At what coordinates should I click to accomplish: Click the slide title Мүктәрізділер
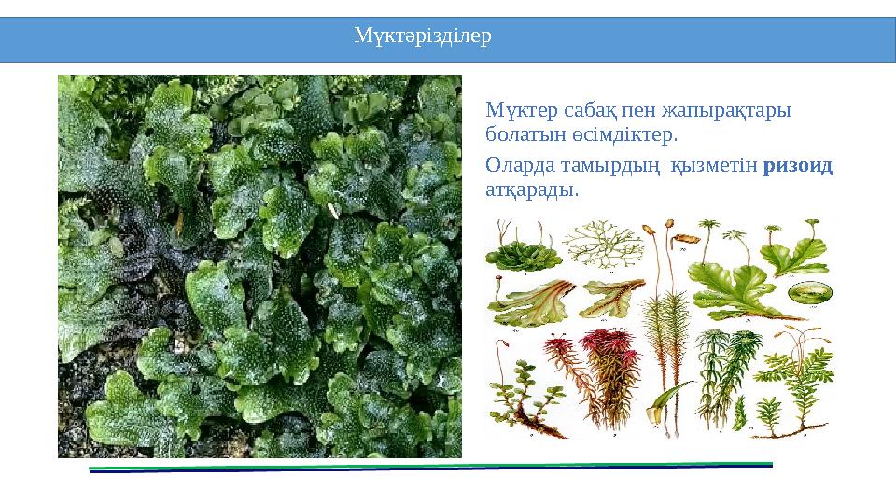coord(423,37)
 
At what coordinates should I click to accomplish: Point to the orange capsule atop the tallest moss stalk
coord(668,226)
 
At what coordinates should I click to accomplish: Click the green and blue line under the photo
coord(430,467)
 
